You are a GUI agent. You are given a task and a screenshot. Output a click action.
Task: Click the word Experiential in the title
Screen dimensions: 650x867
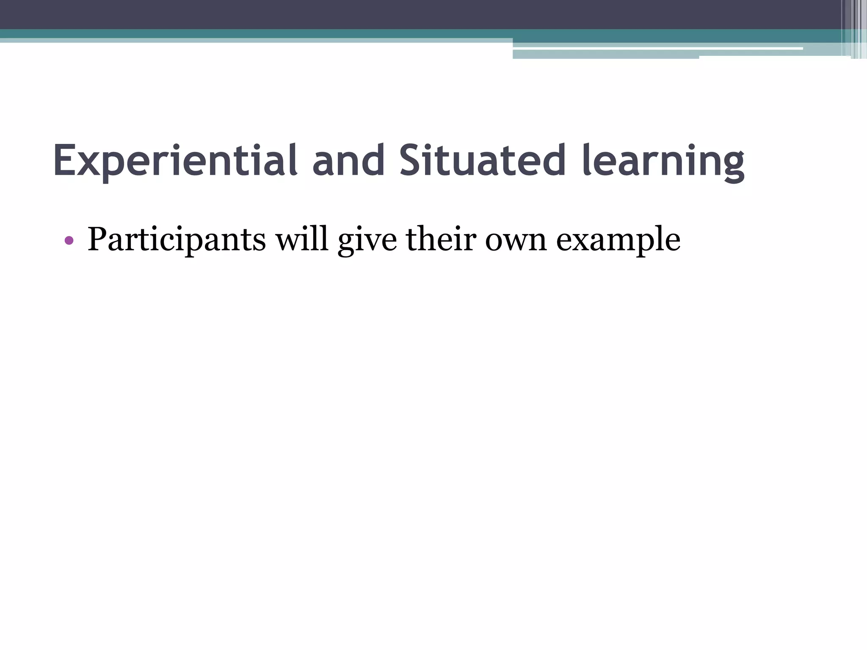(x=175, y=161)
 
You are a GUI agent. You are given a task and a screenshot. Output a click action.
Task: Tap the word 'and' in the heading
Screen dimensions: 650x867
(x=348, y=161)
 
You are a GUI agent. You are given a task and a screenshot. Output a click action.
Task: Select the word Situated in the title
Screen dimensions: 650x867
(x=483, y=161)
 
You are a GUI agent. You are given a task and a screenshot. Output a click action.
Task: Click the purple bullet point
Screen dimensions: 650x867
(x=69, y=241)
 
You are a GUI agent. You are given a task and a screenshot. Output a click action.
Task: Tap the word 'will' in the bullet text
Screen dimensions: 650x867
(x=302, y=239)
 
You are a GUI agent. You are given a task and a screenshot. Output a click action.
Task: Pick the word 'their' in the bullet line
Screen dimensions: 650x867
(x=441, y=239)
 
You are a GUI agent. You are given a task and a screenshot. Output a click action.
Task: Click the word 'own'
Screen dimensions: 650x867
(x=516, y=241)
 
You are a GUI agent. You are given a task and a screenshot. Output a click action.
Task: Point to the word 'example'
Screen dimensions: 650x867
(x=618, y=241)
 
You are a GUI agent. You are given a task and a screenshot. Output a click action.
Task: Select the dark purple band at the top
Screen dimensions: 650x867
(x=381, y=14)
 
